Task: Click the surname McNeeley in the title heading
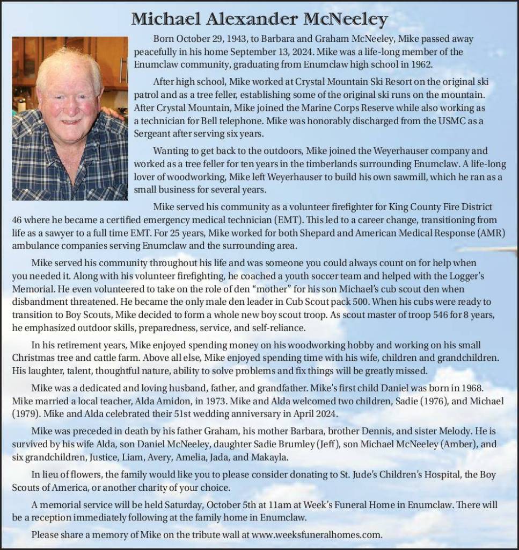point(346,19)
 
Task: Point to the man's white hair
point(69,65)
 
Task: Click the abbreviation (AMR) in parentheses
point(493,233)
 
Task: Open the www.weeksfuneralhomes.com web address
point(317,534)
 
